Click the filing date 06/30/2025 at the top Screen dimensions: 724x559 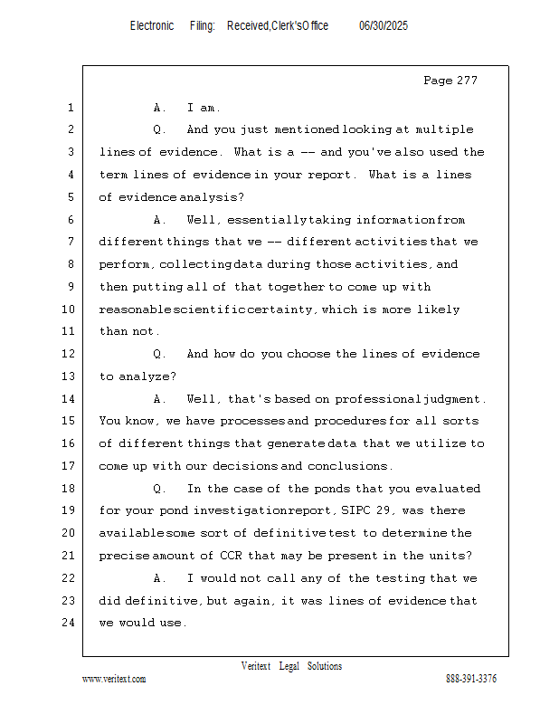pyautogui.click(x=384, y=26)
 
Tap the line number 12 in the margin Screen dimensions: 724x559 pyautogui.click(x=69, y=354)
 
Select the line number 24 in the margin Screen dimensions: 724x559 pyautogui.click(x=69, y=623)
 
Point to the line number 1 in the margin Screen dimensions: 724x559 pyautogui.click(x=70, y=108)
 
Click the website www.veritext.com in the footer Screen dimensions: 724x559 pyautogui.click(x=114, y=679)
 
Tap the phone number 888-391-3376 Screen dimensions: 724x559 pyautogui.click(x=471, y=679)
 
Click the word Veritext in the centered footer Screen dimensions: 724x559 pyautogui.click(x=256, y=666)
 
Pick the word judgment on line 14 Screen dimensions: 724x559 pyautogui.click(x=455, y=399)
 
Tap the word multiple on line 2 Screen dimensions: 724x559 pyautogui.click(x=441, y=129)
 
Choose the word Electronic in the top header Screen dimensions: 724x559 pyautogui.click(x=152, y=26)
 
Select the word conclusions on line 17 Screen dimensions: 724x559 pyautogui.click(x=350, y=466)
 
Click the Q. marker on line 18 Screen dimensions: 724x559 pyautogui.click(x=160, y=489)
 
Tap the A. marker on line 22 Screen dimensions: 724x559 pyautogui.click(x=160, y=578)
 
